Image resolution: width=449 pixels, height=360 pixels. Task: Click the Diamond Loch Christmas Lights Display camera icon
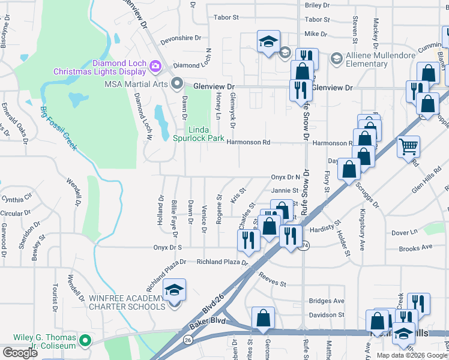155,65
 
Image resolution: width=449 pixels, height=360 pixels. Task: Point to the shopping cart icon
408,146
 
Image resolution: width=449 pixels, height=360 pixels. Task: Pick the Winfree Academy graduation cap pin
175,290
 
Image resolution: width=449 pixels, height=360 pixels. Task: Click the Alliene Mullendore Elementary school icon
336,58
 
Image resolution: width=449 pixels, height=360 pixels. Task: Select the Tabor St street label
226,18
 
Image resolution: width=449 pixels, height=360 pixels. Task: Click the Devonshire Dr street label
171,38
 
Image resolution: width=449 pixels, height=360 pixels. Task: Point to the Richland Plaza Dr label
222,262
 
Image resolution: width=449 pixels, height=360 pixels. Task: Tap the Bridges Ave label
327,301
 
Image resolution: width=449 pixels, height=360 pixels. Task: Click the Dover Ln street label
404,232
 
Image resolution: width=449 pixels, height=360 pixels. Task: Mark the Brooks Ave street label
415,247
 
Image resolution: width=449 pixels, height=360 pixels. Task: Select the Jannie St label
285,191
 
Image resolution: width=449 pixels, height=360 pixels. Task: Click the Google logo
20,353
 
